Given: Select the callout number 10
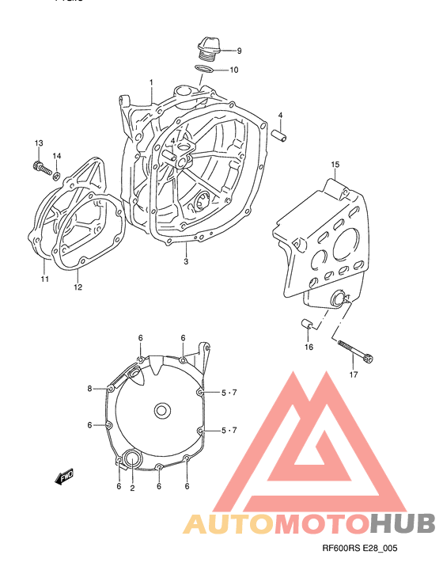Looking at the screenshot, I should pos(234,70).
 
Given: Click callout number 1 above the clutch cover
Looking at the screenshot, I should pos(151,83).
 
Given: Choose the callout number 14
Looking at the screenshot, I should pos(57,156).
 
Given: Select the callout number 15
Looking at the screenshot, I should pos(335,165).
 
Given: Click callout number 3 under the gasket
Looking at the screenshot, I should pos(186,262).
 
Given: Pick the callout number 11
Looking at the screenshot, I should pos(44,279).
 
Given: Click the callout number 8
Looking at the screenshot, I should pos(90,388).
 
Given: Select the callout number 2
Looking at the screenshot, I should pos(132,488).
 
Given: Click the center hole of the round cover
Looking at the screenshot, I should pos(161,410).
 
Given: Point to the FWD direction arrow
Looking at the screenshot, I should pos(65,477).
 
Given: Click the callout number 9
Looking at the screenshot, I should pos(238,51).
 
